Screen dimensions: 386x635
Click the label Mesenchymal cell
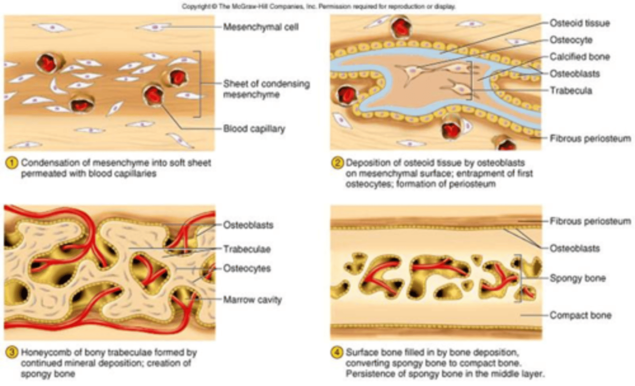(x=261, y=27)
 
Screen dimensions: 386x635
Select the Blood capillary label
(x=254, y=129)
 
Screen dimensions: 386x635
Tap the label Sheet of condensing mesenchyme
(x=266, y=89)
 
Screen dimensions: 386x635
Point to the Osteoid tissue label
(x=579, y=23)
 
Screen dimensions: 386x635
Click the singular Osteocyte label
(x=571, y=40)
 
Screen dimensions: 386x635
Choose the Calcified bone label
(x=579, y=57)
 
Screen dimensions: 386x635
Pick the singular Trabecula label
(x=571, y=90)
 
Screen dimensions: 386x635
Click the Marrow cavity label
(x=252, y=300)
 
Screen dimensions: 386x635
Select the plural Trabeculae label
(x=247, y=249)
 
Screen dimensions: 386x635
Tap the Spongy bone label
(x=577, y=278)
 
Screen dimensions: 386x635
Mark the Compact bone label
(x=580, y=315)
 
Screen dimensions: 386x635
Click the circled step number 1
(x=11, y=163)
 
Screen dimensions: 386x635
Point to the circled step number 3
(x=11, y=352)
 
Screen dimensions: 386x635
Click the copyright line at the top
(x=318, y=6)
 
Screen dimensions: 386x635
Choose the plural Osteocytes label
(x=247, y=269)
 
